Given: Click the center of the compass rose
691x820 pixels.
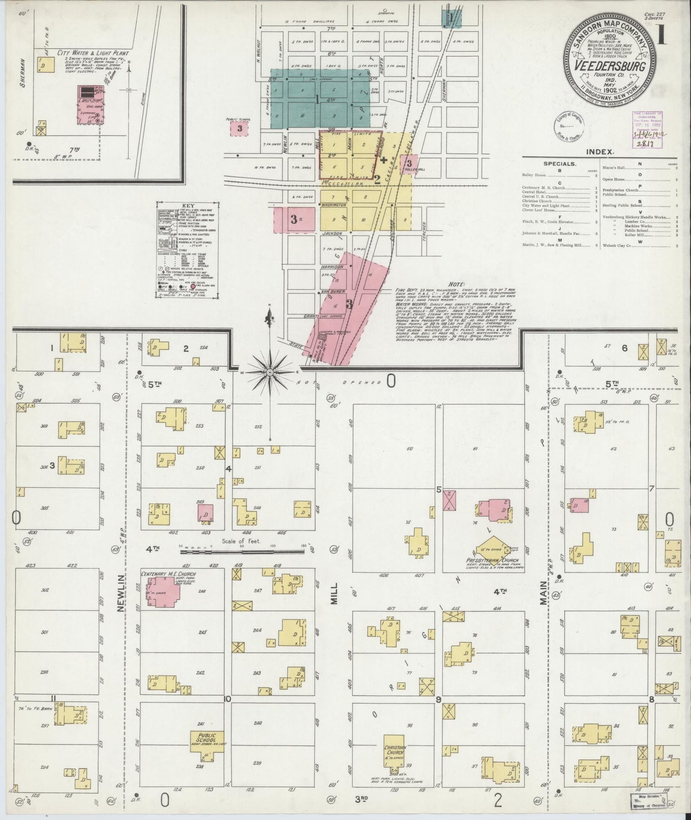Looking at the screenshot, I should click(270, 372).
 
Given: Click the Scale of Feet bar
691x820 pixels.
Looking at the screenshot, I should click(242, 551).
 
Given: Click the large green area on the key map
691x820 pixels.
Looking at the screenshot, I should click(320, 99).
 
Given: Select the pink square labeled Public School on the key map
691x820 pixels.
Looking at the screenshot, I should click(240, 128).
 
